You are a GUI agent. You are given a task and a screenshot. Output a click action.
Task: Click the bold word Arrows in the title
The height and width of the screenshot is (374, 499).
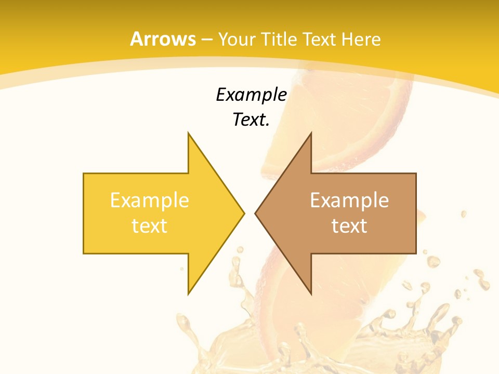click(x=163, y=39)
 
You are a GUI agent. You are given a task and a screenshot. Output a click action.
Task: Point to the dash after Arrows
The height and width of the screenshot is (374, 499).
click(x=206, y=39)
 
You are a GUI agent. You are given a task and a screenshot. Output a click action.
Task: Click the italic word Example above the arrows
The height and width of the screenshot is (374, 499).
click(x=251, y=95)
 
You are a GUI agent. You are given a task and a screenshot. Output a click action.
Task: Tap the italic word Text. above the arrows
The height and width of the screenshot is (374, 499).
click(x=250, y=120)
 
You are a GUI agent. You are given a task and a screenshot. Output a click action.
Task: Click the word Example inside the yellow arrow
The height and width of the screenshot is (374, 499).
click(x=149, y=200)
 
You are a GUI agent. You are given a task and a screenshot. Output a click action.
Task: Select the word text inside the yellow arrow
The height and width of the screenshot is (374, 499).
click(x=149, y=225)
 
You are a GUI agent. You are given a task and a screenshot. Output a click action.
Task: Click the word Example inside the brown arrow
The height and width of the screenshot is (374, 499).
click(x=349, y=200)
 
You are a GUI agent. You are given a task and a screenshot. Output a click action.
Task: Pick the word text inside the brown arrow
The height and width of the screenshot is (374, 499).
click(x=349, y=225)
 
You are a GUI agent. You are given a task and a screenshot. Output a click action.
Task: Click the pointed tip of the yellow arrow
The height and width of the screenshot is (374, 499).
click(x=243, y=213)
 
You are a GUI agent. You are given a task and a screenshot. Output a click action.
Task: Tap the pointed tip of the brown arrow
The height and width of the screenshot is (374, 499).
click(x=256, y=213)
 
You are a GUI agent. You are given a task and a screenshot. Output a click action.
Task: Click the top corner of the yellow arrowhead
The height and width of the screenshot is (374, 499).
click(x=189, y=133)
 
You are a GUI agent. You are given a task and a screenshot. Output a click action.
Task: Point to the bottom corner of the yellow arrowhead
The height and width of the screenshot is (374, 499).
click(x=189, y=293)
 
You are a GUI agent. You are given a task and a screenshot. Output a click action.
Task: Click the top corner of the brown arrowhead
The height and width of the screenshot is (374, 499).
click(x=311, y=133)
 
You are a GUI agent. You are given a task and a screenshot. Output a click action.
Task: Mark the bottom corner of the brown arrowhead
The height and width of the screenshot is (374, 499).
click(x=311, y=293)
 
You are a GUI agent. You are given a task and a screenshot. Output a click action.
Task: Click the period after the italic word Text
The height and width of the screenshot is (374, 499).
click(x=267, y=125)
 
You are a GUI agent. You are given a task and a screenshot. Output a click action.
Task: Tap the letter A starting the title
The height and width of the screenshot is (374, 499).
click(x=136, y=39)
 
